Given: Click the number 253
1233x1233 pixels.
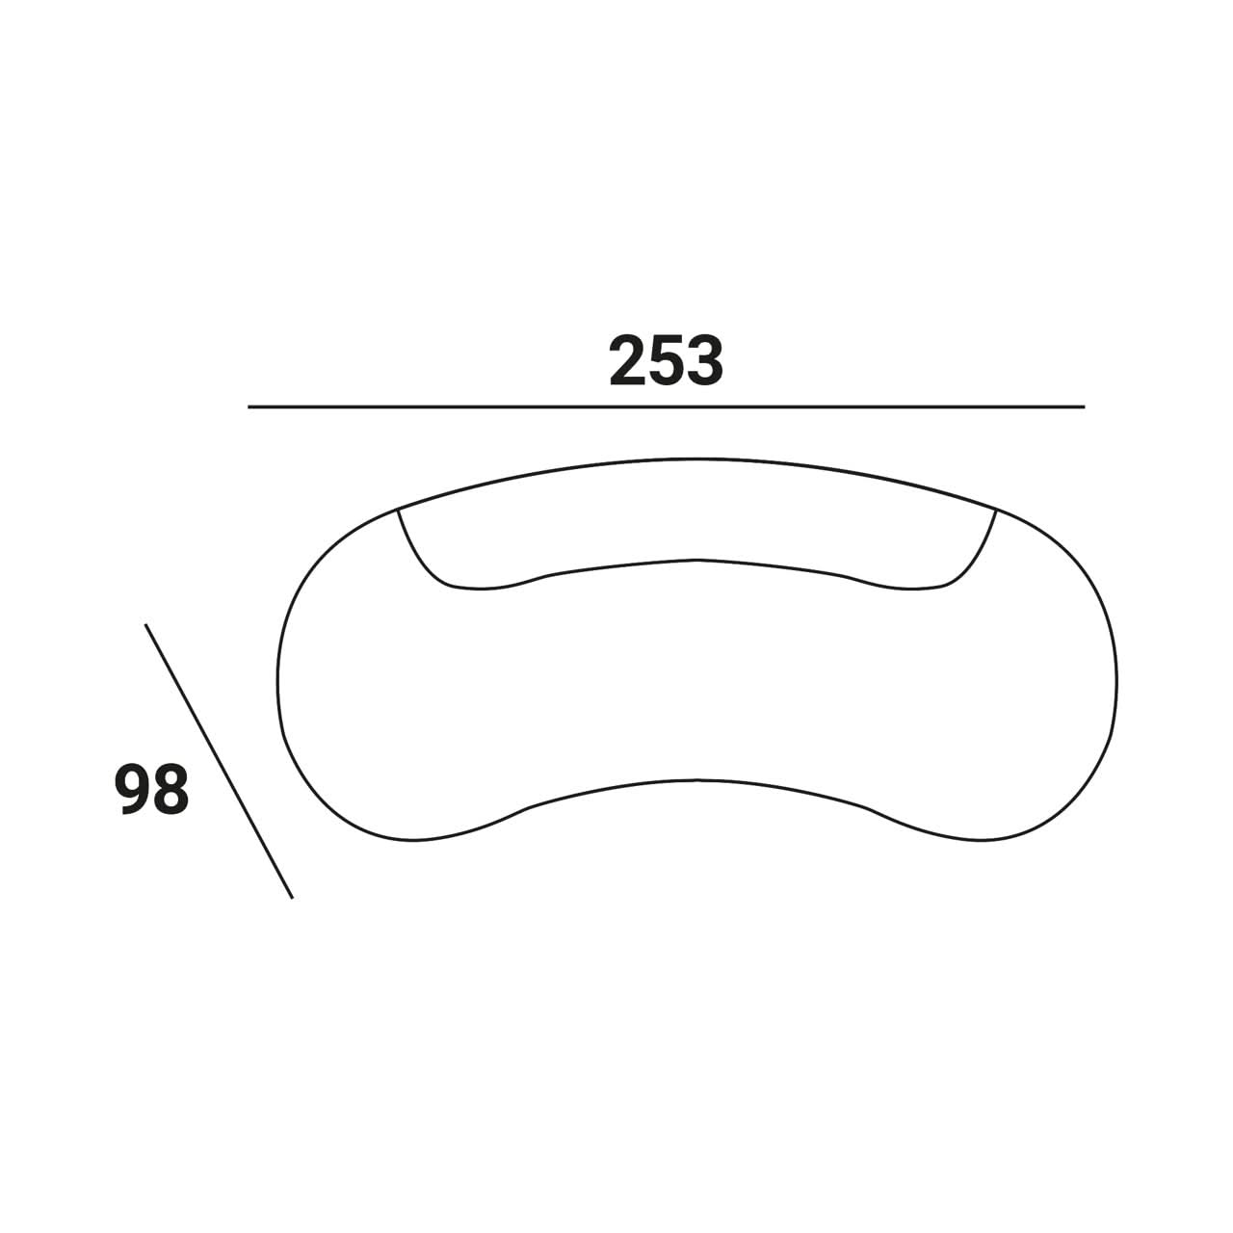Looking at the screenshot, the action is pyautogui.click(x=666, y=361).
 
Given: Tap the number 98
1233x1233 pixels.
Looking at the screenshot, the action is pyautogui.click(x=151, y=790).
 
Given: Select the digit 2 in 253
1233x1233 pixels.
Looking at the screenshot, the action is pyautogui.click(x=628, y=361).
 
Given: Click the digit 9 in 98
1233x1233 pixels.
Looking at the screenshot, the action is pyautogui.click(x=132, y=790).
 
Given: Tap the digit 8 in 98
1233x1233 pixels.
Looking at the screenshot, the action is pyautogui.click(x=171, y=790).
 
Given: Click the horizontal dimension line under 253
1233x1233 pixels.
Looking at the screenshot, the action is pyautogui.click(x=666, y=407).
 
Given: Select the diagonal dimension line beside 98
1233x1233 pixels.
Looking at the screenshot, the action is pyautogui.click(x=219, y=761).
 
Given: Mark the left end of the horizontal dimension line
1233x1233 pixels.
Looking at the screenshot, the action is pyautogui.click(x=249, y=407).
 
